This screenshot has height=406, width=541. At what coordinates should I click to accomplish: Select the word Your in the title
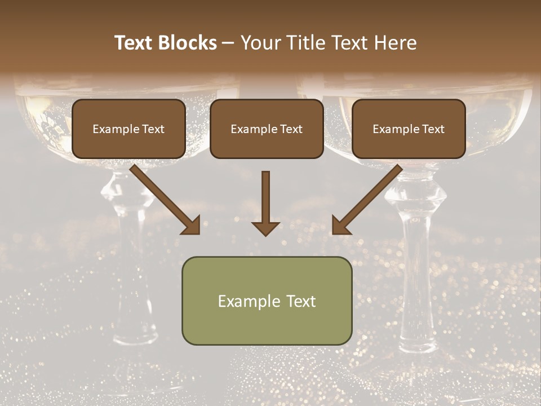pyautogui.click(x=260, y=43)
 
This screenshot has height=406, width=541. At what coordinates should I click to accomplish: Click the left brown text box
pyautogui.click(x=128, y=129)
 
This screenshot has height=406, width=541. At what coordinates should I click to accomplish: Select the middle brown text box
pyautogui.click(x=267, y=129)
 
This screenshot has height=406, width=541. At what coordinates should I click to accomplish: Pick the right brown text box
pyautogui.click(x=409, y=129)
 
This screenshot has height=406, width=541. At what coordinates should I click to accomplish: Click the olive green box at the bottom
pyautogui.click(x=267, y=301)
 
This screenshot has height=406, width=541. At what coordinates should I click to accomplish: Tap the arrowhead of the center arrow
pyautogui.click(x=265, y=228)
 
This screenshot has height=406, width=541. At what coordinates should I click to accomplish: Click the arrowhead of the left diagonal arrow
pyautogui.click(x=192, y=226)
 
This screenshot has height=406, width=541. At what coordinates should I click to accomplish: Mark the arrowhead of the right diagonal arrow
pyautogui.click(x=340, y=226)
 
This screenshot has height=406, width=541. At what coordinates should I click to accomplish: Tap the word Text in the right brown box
pyautogui.click(x=433, y=129)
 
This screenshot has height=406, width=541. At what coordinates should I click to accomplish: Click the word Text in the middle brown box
pyautogui.click(x=291, y=129)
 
